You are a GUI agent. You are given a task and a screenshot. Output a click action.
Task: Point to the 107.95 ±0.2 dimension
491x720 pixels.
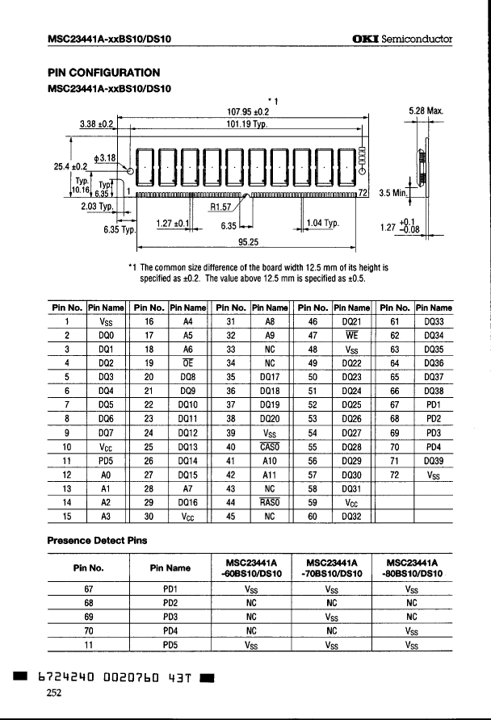pyautogui.click(x=248, y=111)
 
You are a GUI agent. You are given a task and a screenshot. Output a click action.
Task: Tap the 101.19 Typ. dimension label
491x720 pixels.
pyautogui.click(x=249, y=124)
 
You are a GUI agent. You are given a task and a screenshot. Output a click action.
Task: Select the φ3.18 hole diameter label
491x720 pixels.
pyautogui.click(x=107, y=157)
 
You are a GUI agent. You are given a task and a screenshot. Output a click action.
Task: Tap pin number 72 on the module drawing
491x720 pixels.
pyautogui.click(x=363, y=192)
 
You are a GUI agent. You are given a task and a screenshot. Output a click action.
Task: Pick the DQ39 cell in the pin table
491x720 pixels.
pyautogui.click(x=433, y=458)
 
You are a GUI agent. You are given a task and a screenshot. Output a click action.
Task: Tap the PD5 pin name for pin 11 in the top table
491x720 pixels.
pyautogui.click(x=107, y=458)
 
